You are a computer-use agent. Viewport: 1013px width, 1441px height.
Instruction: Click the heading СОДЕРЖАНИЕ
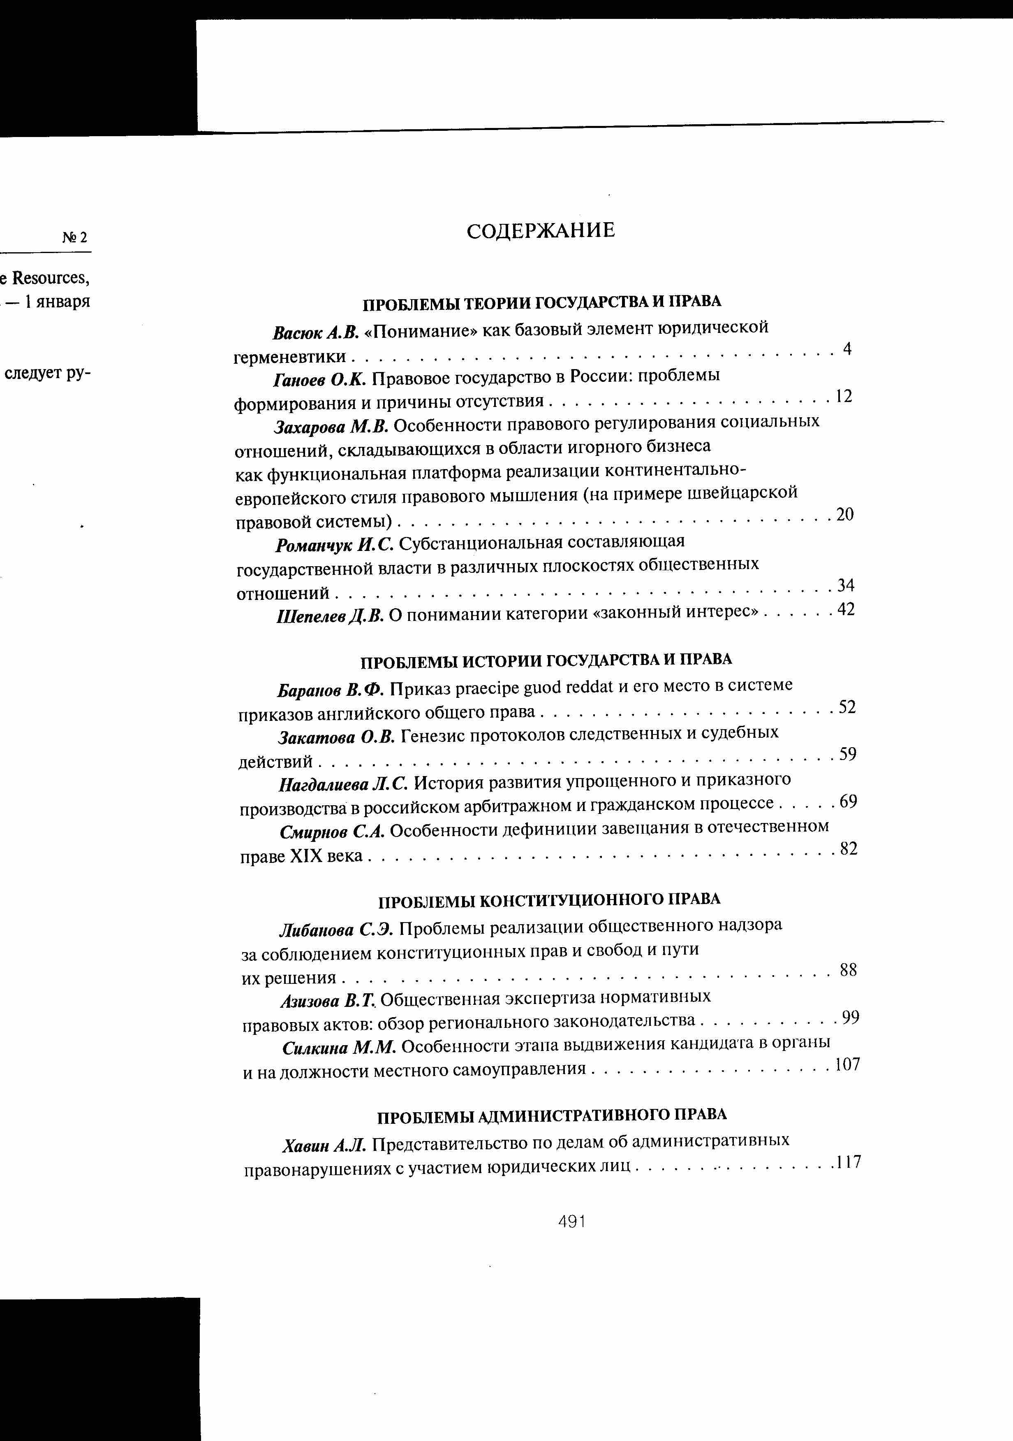tap(541, 231)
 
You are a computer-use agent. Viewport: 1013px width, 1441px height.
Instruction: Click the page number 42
tap(846, 609)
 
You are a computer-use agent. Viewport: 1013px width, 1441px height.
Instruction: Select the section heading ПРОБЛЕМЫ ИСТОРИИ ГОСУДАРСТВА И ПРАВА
tap(546, 660)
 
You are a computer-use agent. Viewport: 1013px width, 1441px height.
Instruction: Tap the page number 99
tap(851, 1017)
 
